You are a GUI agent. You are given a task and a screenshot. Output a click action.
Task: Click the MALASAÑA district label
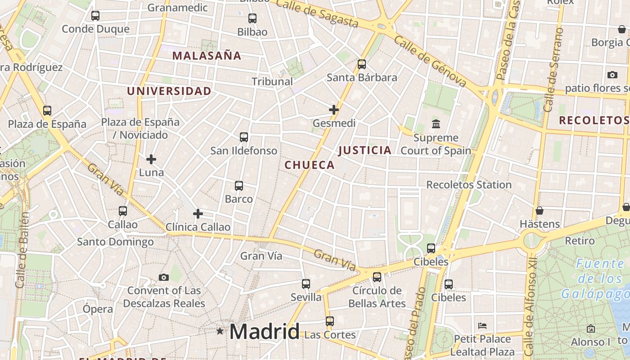[x=207, y=56]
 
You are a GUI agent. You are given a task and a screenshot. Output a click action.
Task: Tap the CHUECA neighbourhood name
[x=310, y=165]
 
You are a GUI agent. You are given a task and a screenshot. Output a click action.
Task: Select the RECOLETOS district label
[x=593, y=120]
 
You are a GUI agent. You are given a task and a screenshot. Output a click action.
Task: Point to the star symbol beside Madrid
[x=220, y=331]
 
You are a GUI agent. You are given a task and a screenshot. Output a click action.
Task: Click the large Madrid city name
[x=264, y=332]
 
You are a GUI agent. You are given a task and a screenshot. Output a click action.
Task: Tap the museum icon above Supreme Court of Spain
[x=436, y=124]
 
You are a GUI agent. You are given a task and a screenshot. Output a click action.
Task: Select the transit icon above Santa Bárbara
[x=362, y=64]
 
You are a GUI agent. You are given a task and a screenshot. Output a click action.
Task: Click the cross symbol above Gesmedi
[x=334, y=110]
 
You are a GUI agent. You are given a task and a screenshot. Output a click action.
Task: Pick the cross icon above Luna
[x=151, y=159]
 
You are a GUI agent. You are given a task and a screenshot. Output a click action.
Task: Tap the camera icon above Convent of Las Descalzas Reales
[x=164, y=277]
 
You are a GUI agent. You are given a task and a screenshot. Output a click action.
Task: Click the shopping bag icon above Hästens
[x=540, y=211]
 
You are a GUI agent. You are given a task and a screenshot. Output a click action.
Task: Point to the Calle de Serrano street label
[x=553, y=70]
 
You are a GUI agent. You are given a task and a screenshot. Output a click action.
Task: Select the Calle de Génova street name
[x=430, y=61]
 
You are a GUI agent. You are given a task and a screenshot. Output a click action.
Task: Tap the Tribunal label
[x=272, y=81]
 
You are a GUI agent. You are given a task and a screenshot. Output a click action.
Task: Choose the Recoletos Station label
[x=468, y=184]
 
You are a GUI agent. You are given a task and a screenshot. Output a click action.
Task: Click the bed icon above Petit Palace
[x=482, y=325]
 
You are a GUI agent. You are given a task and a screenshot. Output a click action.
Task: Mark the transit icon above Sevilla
[x=306, y=284]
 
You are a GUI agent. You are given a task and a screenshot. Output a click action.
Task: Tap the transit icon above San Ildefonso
[x=244, y=137]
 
